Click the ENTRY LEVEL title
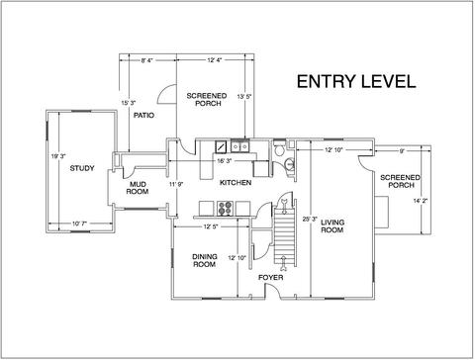pos(356,81)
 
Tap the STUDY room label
pos(82,168)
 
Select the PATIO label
pos(143,116)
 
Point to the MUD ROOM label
pos(138,188)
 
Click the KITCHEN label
pos(236,183)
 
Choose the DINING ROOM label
pos(205,260)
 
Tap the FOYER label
pos(270,278)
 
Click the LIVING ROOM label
pos(332,226)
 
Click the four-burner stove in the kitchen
pos(226,209)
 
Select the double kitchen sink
pos(240,146)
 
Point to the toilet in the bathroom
pos(279,149)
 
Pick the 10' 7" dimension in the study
pos(79,224)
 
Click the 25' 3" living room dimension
pos(310,219)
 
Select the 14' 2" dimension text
pos(421,201)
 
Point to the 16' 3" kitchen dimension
pos(225,161)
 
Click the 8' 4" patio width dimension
pos(146,60)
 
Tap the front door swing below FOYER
pos(274,290)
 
